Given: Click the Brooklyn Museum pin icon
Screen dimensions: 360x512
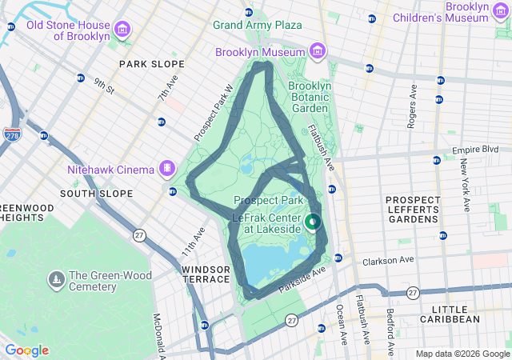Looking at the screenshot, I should tap(318, 52).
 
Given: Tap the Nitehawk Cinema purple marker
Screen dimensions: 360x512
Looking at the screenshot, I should tap(166, 169).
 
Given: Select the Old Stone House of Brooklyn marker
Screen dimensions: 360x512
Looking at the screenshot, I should tap(122, 31).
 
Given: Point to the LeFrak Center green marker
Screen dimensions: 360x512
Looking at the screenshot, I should tap(313, 222).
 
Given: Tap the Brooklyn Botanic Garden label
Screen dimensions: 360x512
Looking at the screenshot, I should tap(308, 97).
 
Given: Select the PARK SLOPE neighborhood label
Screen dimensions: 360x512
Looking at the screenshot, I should tap(151, 63).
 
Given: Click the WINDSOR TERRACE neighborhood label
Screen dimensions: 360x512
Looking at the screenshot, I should tap(206, 275).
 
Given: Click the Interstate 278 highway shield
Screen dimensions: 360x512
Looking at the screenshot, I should tap(12, 136).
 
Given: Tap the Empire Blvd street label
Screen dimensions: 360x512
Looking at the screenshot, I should tap(475, 150).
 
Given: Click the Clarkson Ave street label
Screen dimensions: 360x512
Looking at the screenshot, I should tap(387, 260).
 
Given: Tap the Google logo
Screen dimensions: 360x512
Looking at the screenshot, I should tap(26, 350).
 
